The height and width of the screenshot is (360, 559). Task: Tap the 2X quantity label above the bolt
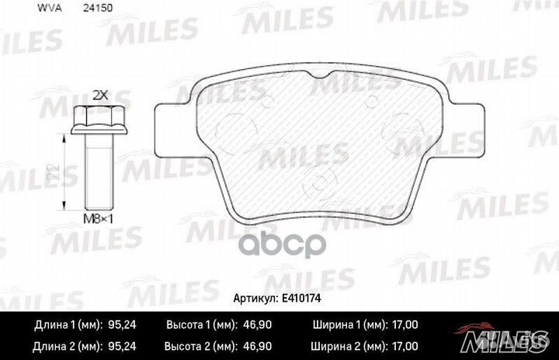[x=99, y=95]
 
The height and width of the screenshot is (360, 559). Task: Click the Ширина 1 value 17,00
[x=403, y=324]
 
